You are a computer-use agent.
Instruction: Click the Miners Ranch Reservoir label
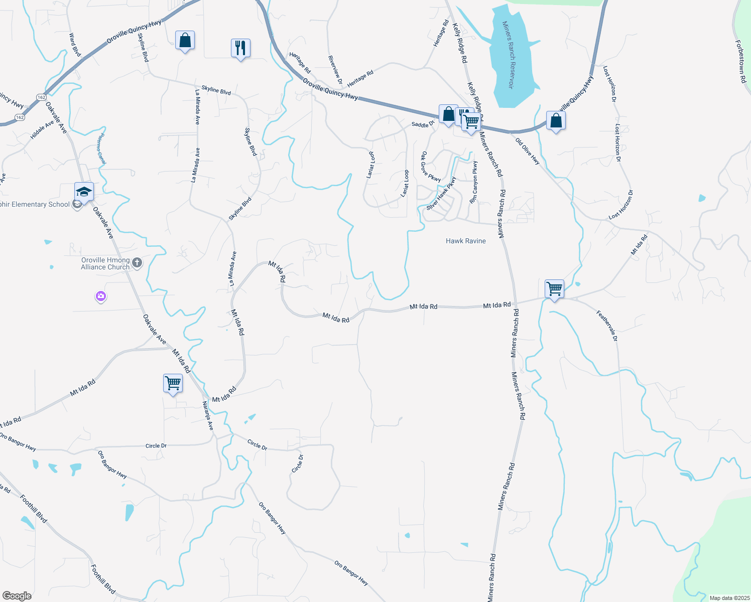(x=508, y=55)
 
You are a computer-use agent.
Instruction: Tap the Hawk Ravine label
(x=465, y=241)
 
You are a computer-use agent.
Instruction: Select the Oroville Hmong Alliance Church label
(x=105, y=264)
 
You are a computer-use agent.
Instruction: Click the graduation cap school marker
(x=84, y=192)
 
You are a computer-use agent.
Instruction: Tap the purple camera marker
(x=101, y=297)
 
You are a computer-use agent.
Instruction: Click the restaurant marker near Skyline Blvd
(x=240, y=48)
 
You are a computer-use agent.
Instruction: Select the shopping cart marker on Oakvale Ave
(x=173, y=383)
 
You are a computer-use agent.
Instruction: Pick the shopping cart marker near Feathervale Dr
(x=554, y=289)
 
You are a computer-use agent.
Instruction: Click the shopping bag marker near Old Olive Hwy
(x=556, y=121)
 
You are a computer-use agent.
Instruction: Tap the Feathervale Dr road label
(x=607, y=326)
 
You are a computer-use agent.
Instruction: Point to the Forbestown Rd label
(x=741, y=62)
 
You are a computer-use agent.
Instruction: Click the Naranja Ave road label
(x=208, y=415)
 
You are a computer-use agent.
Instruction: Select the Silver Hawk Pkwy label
(x=441, y=194)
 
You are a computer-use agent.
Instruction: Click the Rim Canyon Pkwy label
(x=473, y=182)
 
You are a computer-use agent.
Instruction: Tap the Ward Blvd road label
(x=75, y=45)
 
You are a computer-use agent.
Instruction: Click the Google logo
(x=17, y=596)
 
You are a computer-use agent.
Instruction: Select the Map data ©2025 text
(x=728, y=598)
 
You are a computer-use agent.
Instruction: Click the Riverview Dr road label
(x=335, y=70)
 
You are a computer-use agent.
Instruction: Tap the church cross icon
(x=137, y=263)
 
